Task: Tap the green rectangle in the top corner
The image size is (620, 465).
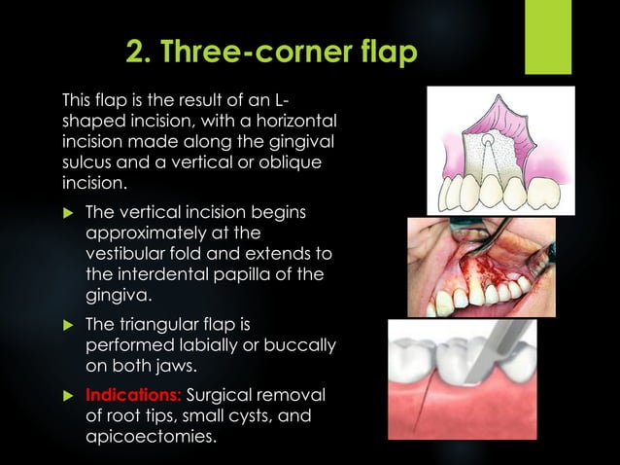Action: tap(548, 37)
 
